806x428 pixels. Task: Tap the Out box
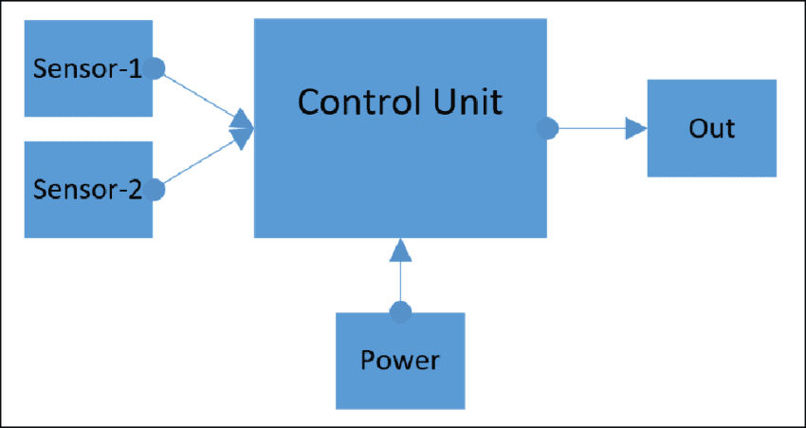pyautogui.click(x=711, y=128)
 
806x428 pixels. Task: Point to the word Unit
pyautogui.click(x=466, y=102)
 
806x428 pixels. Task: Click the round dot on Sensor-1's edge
pyautogui.click(x=155, y=68)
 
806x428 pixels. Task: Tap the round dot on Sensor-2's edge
pyautogui.click(x=155, y=190)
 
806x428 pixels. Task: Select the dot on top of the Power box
pyautogui.click(x=401, y=310)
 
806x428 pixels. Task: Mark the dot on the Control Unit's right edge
pyautogui.click(x=546, y=128)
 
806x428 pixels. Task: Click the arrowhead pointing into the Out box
pyautogui.click(x=635, y=128)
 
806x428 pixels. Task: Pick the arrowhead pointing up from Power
pyautogui.click(x=401, y=250)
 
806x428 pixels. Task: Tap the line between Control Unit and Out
pyautogui.click(x=588, y=128)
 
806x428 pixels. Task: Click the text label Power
pyautogui.click(x=400, y=361)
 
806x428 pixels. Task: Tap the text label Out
pyautogui.click(x=711, y=128)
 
